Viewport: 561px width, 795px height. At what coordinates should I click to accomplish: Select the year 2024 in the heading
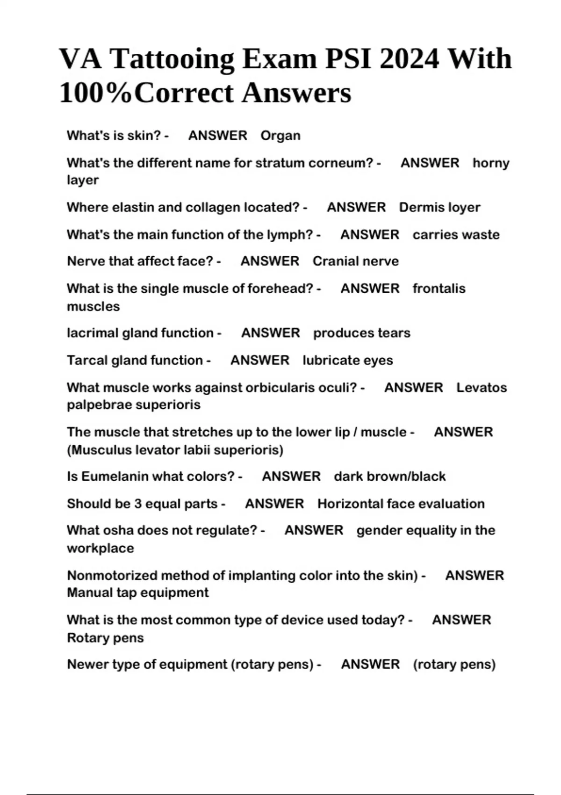point(409,59)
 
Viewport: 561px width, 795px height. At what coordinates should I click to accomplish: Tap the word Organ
point(280,136)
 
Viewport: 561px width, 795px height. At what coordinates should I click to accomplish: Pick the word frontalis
point(439,288)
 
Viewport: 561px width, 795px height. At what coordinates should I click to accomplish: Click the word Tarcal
point(87,360)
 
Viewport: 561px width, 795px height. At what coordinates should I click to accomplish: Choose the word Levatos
point(482,388)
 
